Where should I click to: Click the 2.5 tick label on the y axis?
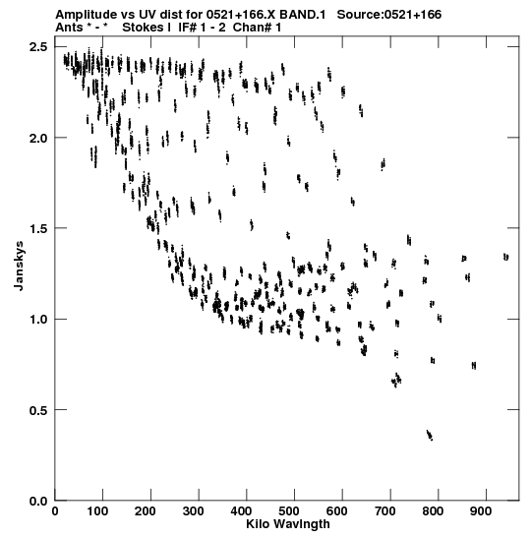pos(38,46)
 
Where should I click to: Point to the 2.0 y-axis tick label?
pos(38,138)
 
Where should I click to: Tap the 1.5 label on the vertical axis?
pos(38,228)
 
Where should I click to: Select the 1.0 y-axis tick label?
pos(38,319)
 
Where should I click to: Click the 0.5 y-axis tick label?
pos(38,410)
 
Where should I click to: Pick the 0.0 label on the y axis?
pos(38,501)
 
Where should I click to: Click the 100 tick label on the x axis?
pos(97,511)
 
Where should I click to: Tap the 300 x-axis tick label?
pos(193,511)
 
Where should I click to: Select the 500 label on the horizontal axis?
pos(289,511)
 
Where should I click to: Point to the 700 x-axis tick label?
pos(384,511)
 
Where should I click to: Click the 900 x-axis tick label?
pos(481,511)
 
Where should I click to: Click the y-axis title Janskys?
pos(19,266)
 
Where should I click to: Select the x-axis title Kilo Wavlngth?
pos(288,524)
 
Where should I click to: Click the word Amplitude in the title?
pos(87,15)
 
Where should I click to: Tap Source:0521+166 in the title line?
pos(389,15)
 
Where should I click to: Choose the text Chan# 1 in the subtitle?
pos(257,28)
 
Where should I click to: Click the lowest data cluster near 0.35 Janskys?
pos(430,435)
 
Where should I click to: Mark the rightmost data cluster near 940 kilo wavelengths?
pos(506,257)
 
